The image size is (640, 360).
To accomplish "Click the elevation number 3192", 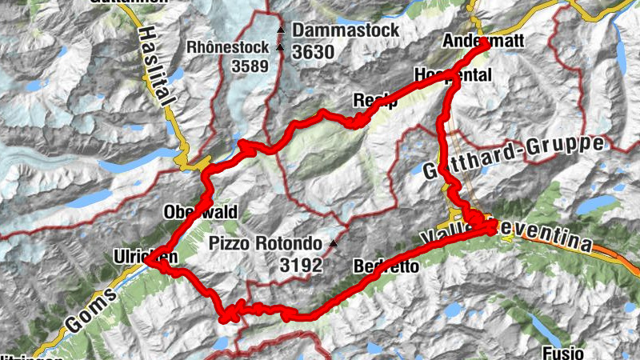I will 301,265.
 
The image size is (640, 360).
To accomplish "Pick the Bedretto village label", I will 386,266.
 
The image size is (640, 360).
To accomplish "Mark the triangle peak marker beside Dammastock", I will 280,31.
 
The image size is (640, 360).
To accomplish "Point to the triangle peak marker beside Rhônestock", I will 280,47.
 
